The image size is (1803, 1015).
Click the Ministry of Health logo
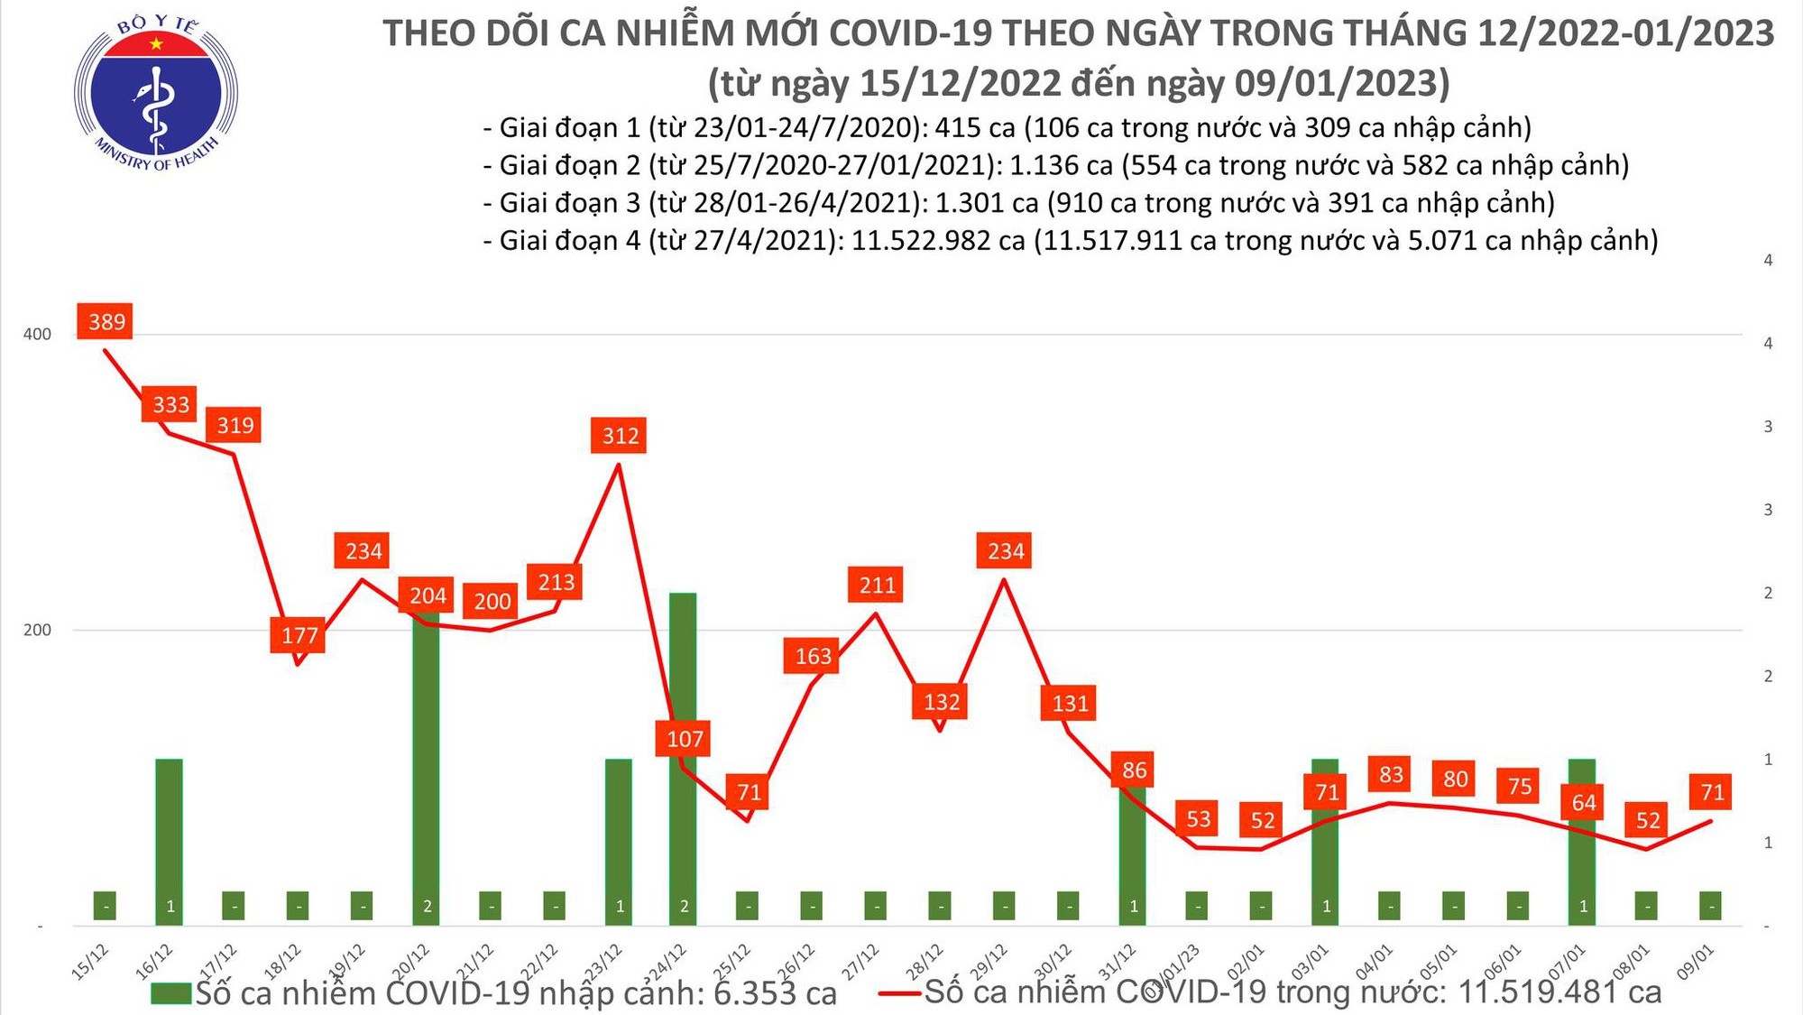tap(156, 94)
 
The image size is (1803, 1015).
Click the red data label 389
tap(106, 322)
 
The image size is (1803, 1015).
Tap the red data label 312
tap(620, 436)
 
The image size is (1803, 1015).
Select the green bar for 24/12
tap(683, 758)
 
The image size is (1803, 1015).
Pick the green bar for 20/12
tap(427, 767)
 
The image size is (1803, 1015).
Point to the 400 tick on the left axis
tap(37, 335)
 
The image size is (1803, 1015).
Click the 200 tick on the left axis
tap(37, 631)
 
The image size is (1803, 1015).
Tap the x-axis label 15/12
tap(91, 962)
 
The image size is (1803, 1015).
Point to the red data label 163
tap(812, 656)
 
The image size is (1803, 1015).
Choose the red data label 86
tap(1134, 770)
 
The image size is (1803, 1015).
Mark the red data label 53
tap(1198, 819)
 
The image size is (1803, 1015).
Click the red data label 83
tap(1391, 774)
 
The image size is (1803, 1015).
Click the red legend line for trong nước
tap(899, 993)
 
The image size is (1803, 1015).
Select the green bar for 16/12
tap(169, 841)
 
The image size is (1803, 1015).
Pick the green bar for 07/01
tap(1582, 841)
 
